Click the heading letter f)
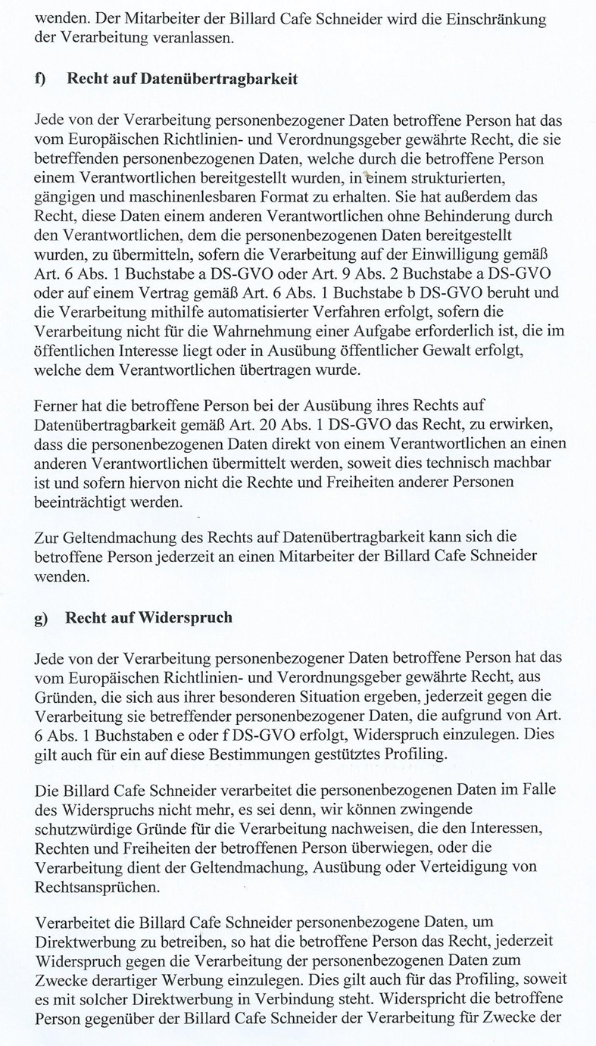[x=41, y=79]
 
